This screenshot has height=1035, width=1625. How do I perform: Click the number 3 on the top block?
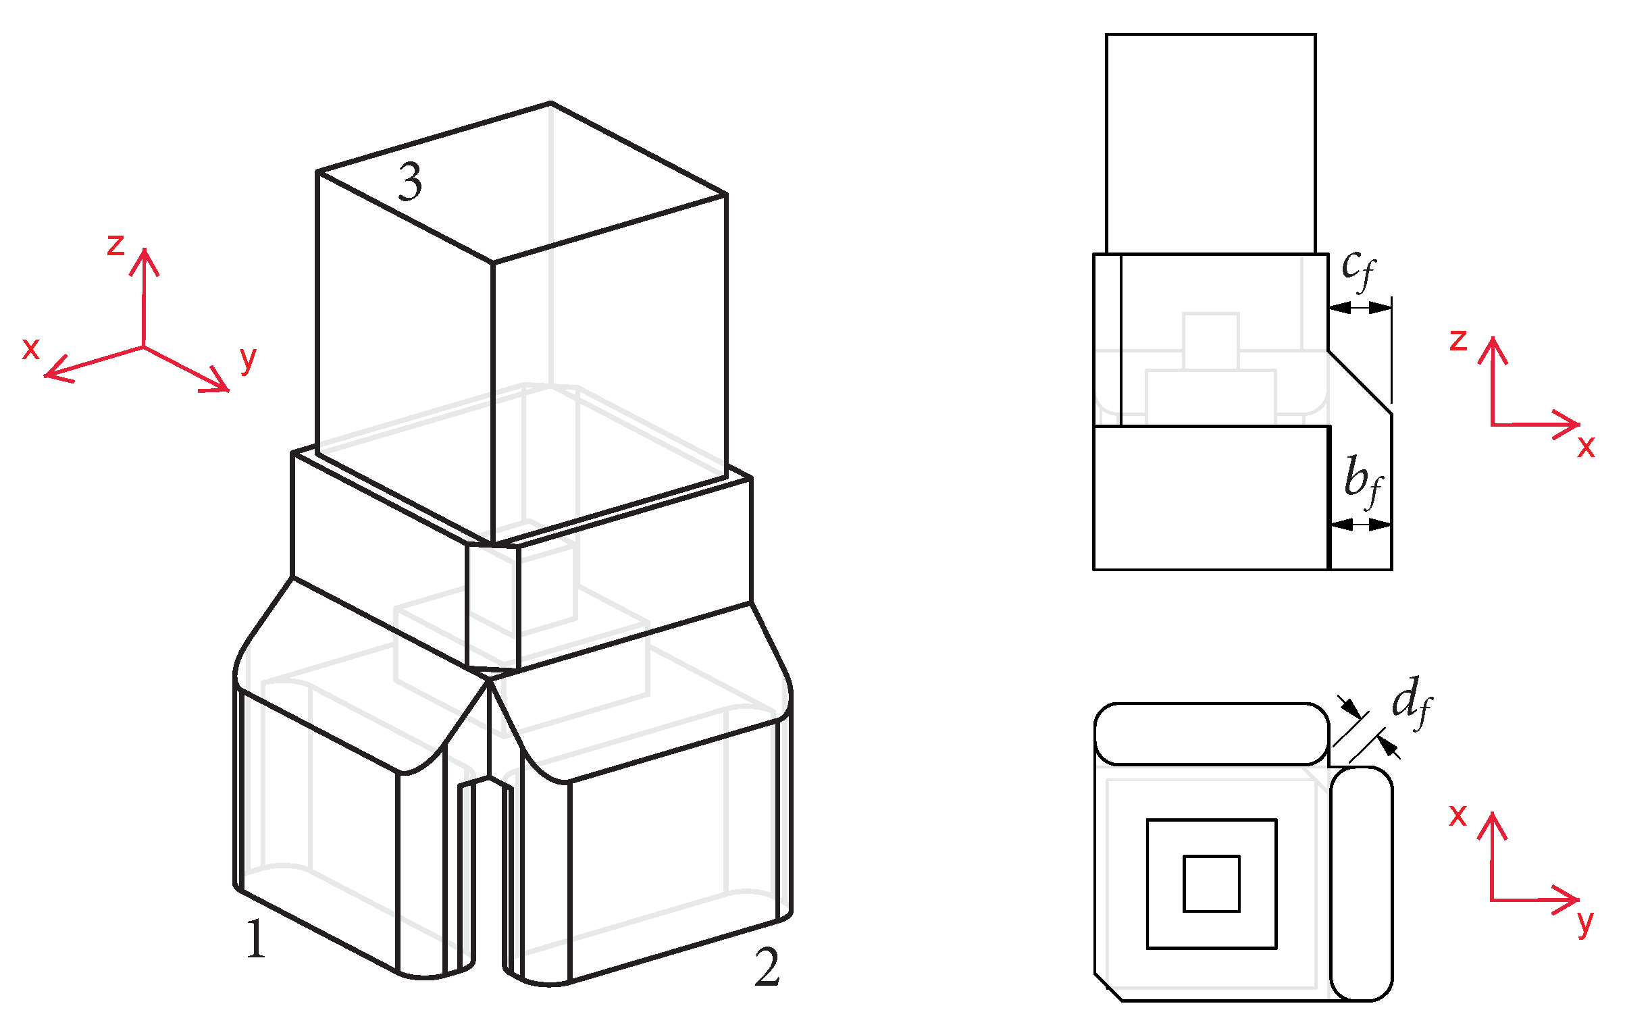(x=410, y=182)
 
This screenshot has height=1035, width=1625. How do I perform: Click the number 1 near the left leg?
(x=256, y=939)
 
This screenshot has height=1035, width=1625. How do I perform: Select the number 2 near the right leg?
(x=767, y=967)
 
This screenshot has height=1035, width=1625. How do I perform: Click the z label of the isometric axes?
(x=115, y=244)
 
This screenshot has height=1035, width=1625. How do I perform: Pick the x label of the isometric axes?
(x=30, y=348)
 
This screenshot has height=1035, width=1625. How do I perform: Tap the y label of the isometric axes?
(x=248, y=359)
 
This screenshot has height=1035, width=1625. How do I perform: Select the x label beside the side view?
(x=1587, y=447)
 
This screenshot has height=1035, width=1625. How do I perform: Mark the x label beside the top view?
(x=1458, y=816)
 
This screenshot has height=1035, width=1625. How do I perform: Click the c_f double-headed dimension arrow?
(x=1360, y=308)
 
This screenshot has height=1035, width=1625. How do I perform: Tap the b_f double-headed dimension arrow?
(x=1360, y=524)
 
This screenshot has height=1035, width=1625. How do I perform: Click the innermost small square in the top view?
(x=1212, y=884)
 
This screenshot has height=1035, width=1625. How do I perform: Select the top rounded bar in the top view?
(x=1212, y=734)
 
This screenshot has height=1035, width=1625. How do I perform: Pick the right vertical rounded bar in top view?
(x=1362, y=883)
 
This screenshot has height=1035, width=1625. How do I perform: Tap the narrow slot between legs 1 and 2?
(x=488, y=878)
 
